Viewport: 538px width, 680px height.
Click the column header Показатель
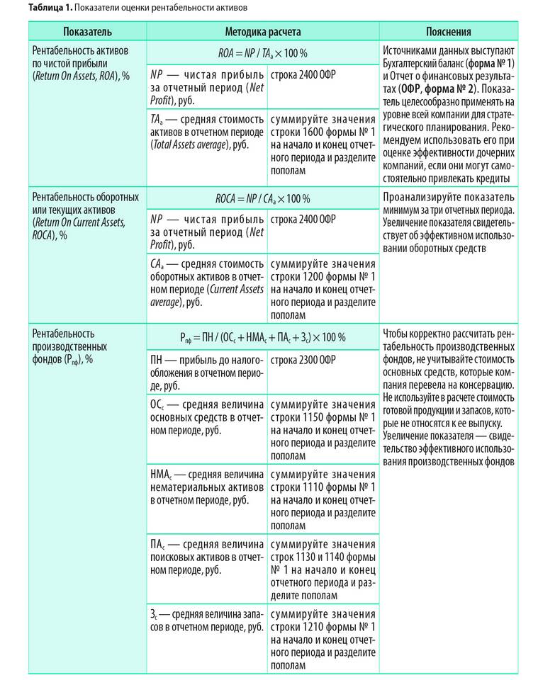pos(86,32)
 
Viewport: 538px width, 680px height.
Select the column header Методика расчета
pos(262,32)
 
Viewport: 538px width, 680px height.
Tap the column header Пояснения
pos(449,32)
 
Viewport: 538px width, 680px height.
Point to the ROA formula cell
pos(262,53)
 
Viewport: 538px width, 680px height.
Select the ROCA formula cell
pos(262,198)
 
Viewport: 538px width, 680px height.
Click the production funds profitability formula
pos(262,337)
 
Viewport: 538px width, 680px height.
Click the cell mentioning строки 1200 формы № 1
pos(323,289)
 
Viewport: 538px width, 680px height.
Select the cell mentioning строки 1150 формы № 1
pos(323,430)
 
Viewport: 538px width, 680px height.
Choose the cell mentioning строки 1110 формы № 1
pos(323,499)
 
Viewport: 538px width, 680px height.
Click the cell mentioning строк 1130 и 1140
pos(323,569)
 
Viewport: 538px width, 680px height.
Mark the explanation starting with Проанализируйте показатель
pos(449,222)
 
